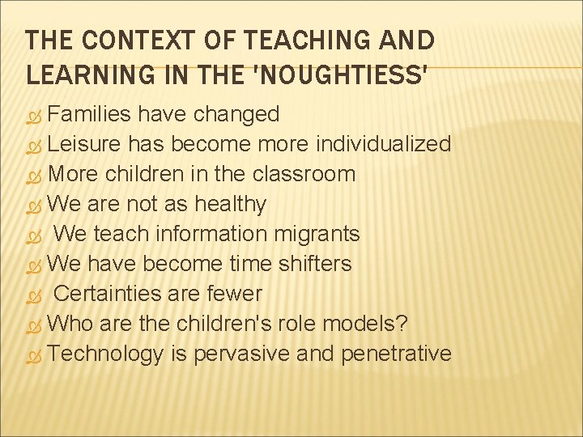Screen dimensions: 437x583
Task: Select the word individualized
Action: click(x=383, y=144)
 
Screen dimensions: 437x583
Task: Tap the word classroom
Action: click(x=304, y=174)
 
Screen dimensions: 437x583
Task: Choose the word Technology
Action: click(x=105, y=354)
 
